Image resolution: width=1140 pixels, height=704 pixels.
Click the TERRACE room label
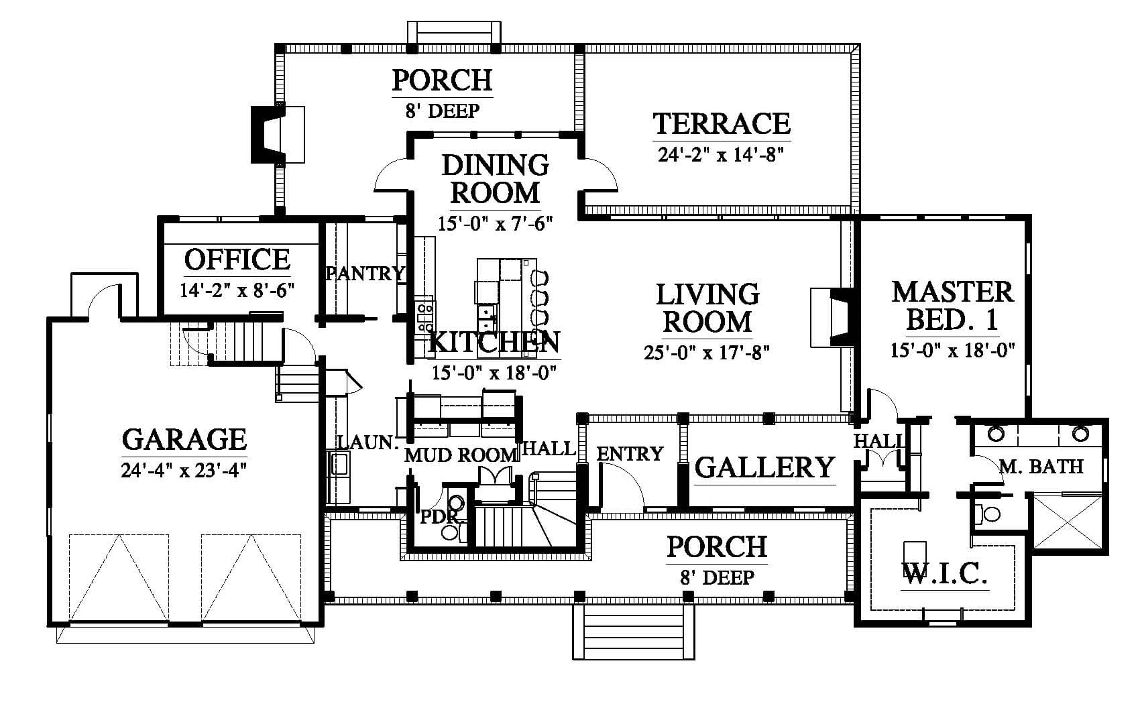coord(722,123)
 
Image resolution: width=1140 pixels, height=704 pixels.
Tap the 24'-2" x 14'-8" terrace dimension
coord(720,154)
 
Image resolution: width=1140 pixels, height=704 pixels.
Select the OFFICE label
coord(237,259)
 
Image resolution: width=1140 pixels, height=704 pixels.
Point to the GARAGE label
coord(184,439)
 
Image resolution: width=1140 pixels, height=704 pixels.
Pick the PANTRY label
coord(365,274)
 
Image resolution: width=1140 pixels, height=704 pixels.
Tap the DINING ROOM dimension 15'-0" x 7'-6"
coord(495,223)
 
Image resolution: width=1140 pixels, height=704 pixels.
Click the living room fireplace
coord(833,318)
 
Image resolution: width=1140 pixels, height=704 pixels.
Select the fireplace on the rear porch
coord(278,134)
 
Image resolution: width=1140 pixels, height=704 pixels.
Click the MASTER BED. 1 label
coord(953,306)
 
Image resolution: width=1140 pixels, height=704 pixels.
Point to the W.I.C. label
coord(945,574)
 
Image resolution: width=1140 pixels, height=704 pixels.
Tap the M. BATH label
coord(1041,467)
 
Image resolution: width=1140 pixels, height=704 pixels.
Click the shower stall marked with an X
coord(1067,522)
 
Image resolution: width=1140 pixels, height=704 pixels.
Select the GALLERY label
coord(765,467)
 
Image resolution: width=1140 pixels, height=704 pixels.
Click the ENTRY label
coord(630,453)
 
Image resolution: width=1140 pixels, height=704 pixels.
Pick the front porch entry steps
coord(634,632)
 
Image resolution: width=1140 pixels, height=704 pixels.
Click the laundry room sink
coord(339,464)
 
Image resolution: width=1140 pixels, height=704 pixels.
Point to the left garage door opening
coord(119,578)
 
